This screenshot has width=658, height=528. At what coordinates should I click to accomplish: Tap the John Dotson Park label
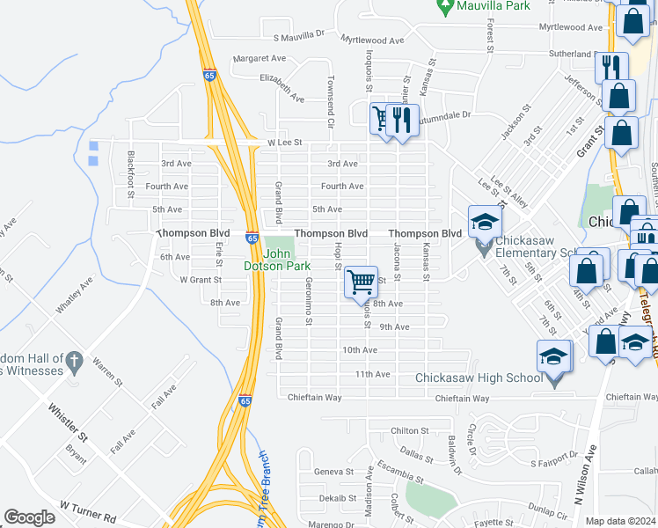tap(277, 260)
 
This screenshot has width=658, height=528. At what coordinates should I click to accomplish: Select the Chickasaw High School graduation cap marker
tap(553, 356)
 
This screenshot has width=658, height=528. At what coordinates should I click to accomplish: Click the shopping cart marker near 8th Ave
tap(361, 282)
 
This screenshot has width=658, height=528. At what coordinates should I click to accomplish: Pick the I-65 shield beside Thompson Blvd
tap(252, 238)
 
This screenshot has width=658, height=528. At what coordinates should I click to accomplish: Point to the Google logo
tap(29, 517)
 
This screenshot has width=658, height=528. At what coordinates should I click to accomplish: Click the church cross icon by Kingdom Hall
tap(75, 360)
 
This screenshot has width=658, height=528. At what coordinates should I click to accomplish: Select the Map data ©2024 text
tap(619, 521)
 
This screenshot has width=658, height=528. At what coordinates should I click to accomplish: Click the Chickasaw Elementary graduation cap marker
tap(485, 224)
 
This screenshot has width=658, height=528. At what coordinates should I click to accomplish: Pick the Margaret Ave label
tap(260, 58)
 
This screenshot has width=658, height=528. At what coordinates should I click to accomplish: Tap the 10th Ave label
tap(360, 349)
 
